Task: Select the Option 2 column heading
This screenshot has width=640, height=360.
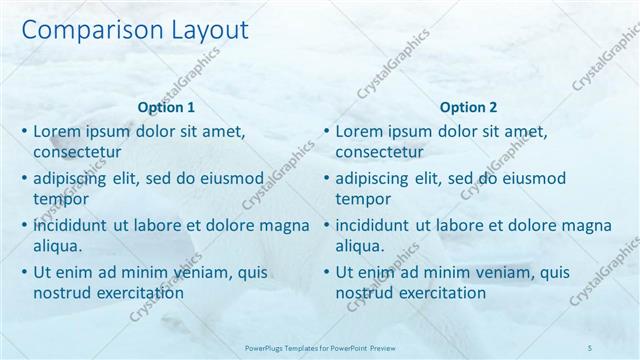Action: [468, 108]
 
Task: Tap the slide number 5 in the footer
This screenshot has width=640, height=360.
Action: [591, 347]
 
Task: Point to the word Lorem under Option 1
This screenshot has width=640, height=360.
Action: [57, 131]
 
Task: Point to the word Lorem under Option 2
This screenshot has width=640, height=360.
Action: [360, 131]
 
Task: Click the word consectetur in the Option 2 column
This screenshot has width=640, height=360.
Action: [380, 153]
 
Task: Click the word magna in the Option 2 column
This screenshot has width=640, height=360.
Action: [584, 224]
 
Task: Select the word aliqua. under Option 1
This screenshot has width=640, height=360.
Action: [57, 245]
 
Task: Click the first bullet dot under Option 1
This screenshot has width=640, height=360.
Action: [24, 131]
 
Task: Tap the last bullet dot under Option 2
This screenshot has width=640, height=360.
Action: [326, 271]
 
